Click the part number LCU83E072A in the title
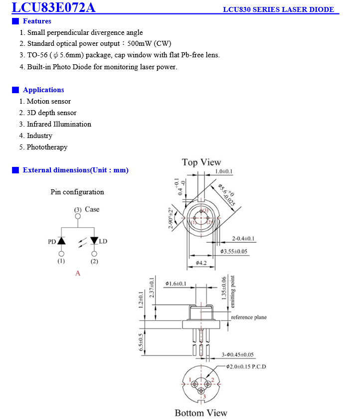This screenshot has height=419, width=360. point(53,7)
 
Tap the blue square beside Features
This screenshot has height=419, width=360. point(15,21)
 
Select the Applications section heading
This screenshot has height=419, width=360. point(43,90)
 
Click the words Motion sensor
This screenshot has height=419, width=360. point(48,101)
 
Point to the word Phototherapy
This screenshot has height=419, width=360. point(47,147)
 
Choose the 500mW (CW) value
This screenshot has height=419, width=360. point(150,43)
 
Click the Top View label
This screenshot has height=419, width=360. point(201,162)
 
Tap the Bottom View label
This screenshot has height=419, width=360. point(200,413)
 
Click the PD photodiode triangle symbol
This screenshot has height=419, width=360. point(61,241)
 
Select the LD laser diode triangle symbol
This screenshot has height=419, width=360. point(94,241)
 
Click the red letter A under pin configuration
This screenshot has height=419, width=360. point(78,273)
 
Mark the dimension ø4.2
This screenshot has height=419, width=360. point(201,263)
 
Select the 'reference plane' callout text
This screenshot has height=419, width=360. point(248,317)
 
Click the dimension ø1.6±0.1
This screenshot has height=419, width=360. point(176,283)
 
